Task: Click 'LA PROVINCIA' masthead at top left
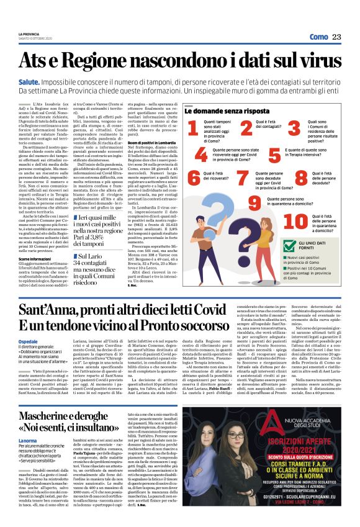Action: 29,34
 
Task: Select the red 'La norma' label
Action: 27,440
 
